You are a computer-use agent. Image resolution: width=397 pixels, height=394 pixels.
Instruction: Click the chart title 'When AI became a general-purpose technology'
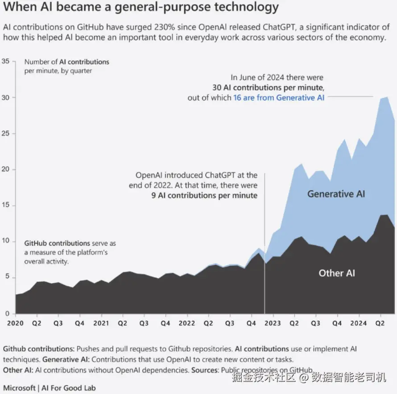pyautogui.click(x=141, y=7)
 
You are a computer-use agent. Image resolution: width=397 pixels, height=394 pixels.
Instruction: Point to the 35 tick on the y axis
pyautogui.click(x=6, y=61)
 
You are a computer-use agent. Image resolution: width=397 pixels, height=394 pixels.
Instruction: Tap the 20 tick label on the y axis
pyautogui.click(x=6, y=169)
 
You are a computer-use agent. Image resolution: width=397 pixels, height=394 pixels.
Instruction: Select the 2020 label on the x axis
pyautogui.click(x=15, y=323)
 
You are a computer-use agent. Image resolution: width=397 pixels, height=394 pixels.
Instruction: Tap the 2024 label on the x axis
pyautogui.click(x=358, y=323)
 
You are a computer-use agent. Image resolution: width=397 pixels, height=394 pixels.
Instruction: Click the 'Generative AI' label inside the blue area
pyautogui.click(x=336, y=194)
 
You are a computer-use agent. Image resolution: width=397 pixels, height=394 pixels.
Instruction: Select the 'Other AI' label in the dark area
pyautogui.click(x=337, y=273)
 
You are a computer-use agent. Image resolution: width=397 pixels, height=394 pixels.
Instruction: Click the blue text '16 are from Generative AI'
pyautogui.click(x=279, y=98)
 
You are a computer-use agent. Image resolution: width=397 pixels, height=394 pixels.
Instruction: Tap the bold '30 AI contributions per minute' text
pyautogui.click(x=268, y=87)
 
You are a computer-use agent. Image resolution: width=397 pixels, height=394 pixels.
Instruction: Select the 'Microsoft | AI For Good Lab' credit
pyautogui.click(x=49, y=388)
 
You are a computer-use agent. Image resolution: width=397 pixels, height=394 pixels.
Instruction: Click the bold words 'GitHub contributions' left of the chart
pyautogui.click(x=57, y=243)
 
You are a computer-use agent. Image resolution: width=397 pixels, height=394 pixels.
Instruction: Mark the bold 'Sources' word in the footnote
pyautogui.click(x=205, y=370)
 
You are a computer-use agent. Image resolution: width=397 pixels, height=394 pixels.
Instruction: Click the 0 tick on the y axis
pyautogui.click(x=7, y=314)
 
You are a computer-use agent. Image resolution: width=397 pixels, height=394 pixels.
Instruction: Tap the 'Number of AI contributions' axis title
pyautogui.click(x=67, y=62)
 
